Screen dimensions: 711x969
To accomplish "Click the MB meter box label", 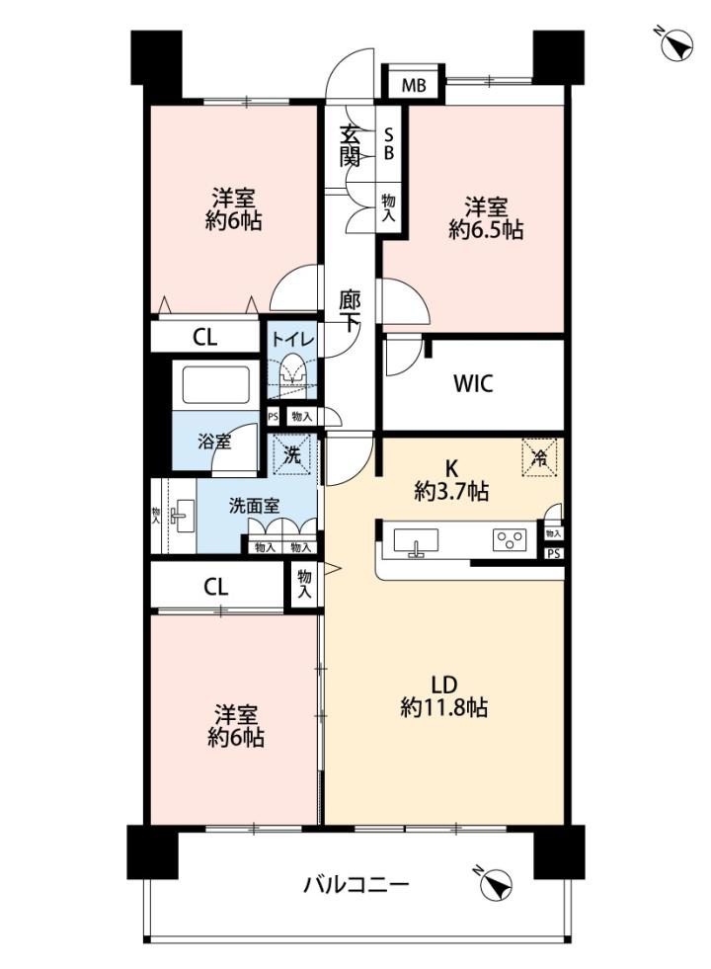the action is coord(413,85).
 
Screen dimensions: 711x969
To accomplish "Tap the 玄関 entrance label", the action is coord(350,146).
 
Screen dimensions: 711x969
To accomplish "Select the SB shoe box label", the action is coord(388,143).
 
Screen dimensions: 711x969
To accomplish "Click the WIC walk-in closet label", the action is coord(473,384).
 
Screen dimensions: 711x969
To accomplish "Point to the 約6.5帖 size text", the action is coord(486,230).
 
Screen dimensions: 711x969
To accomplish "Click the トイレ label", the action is coord(293,339).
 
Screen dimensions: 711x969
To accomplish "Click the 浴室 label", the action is coord(214,442).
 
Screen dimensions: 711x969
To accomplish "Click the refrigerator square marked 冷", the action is coord(540,458).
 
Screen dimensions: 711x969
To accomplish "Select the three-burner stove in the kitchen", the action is coord(510,540).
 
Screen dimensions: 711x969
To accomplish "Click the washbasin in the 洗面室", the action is coord(182,517).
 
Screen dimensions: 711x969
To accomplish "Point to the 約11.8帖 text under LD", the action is coord(443,707).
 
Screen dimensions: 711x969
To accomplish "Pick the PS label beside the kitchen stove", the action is coord(554,554).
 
